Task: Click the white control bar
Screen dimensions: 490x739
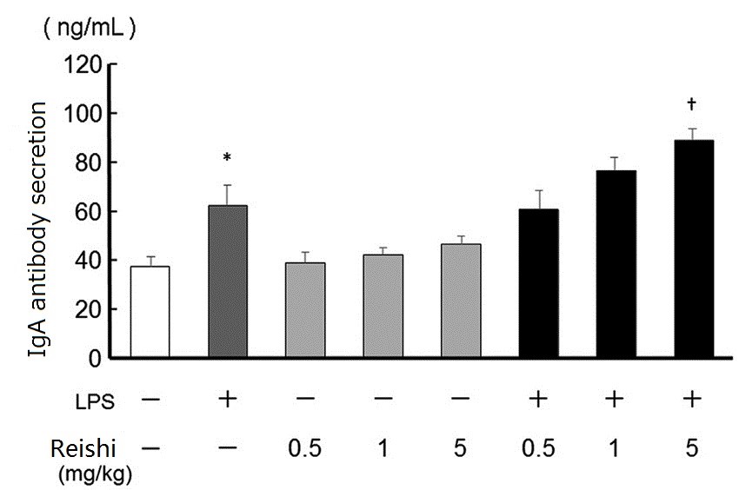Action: click(x=150, y=312)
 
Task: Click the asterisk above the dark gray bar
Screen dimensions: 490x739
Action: click(x=227, y=158)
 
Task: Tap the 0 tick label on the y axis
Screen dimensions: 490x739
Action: click(x=96, y=358)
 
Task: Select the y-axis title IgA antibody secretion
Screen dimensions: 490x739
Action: click(x=38, y=228)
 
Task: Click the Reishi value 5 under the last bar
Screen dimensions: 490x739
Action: click(x=693, y=450)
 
